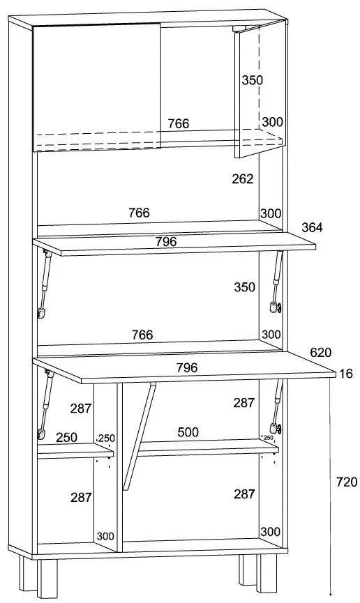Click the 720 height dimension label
347,482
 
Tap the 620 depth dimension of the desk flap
321,352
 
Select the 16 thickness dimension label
347,374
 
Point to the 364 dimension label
312,227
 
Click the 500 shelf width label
188,432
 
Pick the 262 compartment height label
243,179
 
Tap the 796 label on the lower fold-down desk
187,367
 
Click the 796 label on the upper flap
166,241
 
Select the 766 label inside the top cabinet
179,123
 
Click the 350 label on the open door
253,80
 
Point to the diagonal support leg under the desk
139,436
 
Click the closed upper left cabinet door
97,87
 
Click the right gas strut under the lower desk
276,407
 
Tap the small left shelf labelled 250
75,451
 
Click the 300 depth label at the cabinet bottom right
270,532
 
